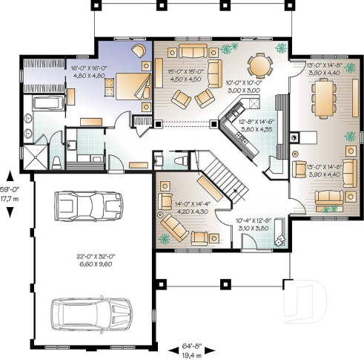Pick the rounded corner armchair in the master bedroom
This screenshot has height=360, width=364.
click(141, 50)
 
